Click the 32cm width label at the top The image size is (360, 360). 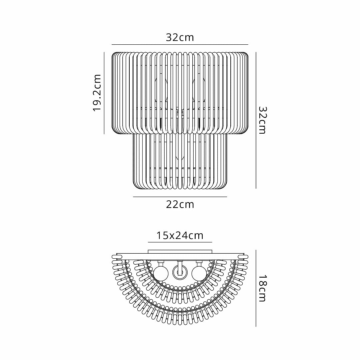(x=180, y=37)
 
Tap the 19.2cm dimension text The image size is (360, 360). (x=97, y=93)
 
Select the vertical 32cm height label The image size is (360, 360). (x=263, y=120)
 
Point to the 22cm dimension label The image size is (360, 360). (x=180, y=204)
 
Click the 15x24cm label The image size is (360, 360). (x=180, y=236)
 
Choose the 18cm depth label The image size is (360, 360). (x=263, y=288)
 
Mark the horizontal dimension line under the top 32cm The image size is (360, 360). (x=180, y=44)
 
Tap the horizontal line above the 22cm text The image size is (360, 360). (x=180, y=197)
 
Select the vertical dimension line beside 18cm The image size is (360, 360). (x=256, y=288)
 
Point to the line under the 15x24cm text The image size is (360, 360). (x=180, y=242)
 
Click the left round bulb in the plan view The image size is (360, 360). (x=161, y=273)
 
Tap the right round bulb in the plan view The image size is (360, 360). (x=199, y=273)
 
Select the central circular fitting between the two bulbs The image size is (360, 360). (x=180, y=273)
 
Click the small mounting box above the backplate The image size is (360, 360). (x=180, y=251)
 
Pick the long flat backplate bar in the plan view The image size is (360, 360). (x=180, y=256)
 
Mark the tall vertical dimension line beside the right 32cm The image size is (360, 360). (x=256, y=120)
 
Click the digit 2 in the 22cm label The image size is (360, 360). (x=170, y=204)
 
